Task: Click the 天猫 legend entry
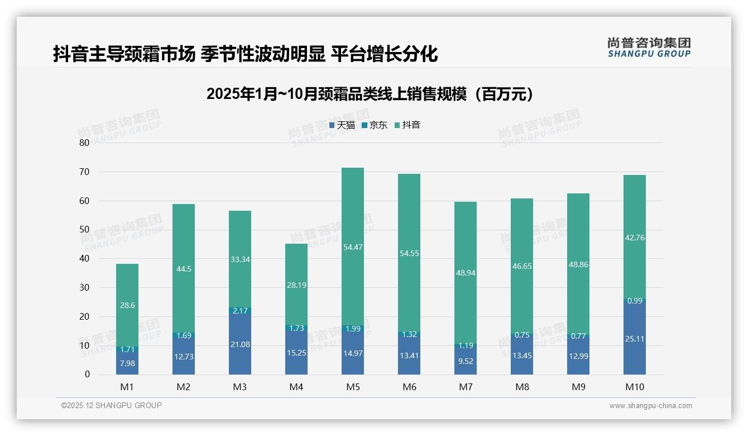(342, 125)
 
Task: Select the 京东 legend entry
(375, 125)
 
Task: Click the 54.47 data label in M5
(352, 247)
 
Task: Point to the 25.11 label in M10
(634, 339)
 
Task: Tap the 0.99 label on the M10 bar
(634, 301)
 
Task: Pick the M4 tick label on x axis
(296, 387)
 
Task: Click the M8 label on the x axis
(522, 387)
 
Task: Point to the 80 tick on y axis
(84, 143)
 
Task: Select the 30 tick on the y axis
(84, 287)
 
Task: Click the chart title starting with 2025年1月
(370, 94)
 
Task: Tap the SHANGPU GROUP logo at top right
(649, 48)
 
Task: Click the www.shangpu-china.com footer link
(650, 406)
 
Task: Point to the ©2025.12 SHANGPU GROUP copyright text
(112, 405)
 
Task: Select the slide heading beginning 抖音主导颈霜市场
(245, 54)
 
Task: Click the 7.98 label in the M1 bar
(127, 363)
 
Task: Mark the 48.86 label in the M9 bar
(578, 264)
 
